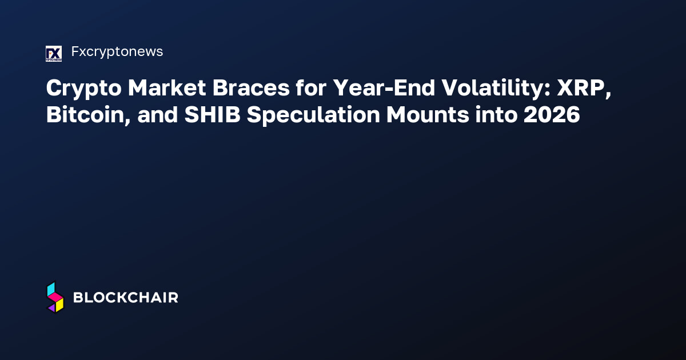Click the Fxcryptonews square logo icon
point(53,53)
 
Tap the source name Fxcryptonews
point(117,51)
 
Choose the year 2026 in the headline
point(553,115)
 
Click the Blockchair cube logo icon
point(55,297)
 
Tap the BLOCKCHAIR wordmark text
point(126,298)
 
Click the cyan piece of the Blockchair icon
point(51,289)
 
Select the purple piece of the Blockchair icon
point(51,307)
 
